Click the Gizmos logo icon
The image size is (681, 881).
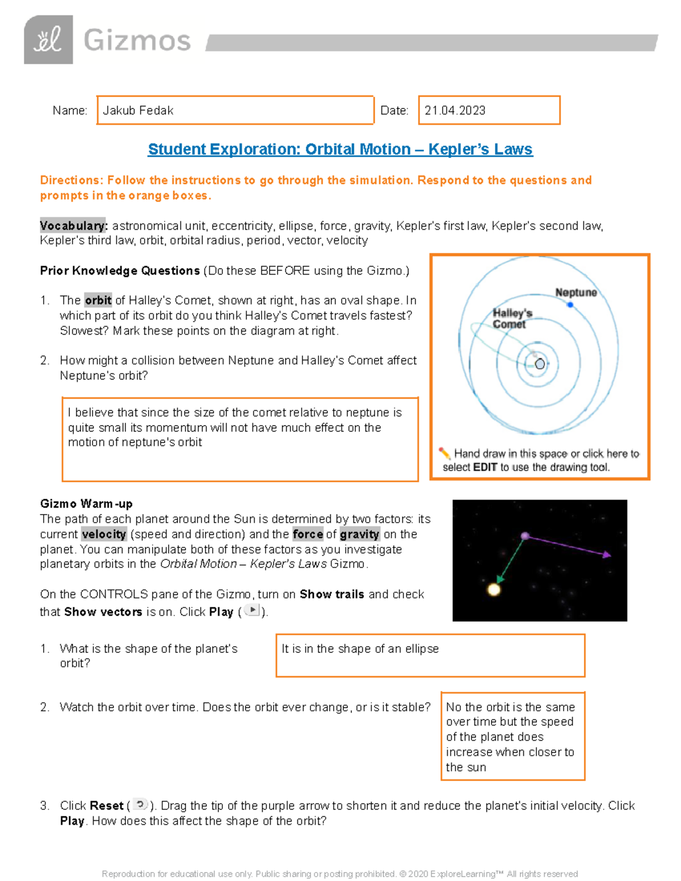(48, 40)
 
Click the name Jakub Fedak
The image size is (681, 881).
(138, 111)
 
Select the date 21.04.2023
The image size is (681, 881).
(455, 111)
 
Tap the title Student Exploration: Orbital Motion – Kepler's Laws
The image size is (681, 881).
(340, 149)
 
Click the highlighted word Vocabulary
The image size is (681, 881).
(73, 226)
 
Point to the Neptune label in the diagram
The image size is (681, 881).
(575, 293)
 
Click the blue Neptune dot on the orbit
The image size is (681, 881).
(570, 305)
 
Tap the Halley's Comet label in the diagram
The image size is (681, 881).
(512, 318)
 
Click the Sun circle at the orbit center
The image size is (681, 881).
(540, 364)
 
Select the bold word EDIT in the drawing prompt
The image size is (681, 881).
(485, 467)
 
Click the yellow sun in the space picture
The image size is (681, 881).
(494, 589)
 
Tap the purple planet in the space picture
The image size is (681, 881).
(525, 536)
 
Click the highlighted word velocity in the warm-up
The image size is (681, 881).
(104, 534)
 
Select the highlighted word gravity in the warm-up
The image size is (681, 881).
(359, 534)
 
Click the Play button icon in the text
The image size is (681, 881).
(251, 610)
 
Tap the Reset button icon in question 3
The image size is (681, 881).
(140, 804)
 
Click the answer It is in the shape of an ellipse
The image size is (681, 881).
(360, 649)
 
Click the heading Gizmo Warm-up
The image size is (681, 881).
(86, 504)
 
